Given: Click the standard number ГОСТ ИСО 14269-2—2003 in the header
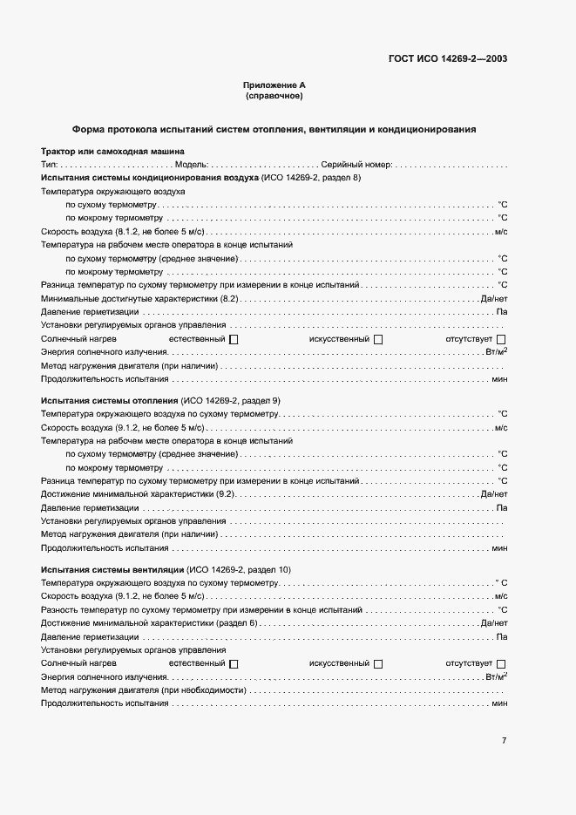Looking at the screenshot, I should point(447,59).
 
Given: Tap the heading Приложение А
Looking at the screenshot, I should point(274,85).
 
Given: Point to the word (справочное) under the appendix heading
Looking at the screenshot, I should point(274,96).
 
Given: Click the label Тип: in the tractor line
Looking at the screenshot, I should point(49,164).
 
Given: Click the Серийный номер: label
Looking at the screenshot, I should point(356,164).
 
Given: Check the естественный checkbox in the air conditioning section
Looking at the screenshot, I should point(234,339).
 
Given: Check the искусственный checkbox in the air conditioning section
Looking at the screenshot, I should point(377,339).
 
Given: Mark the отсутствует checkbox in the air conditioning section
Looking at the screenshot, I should point(500,339).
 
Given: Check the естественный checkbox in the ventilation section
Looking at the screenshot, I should point(234,664).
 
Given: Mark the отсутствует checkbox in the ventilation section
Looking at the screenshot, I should point(500,664).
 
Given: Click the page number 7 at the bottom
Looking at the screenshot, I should point(504,740).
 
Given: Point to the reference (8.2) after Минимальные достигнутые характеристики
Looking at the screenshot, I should point(229,298).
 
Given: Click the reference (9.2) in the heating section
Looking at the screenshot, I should point(226,494).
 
